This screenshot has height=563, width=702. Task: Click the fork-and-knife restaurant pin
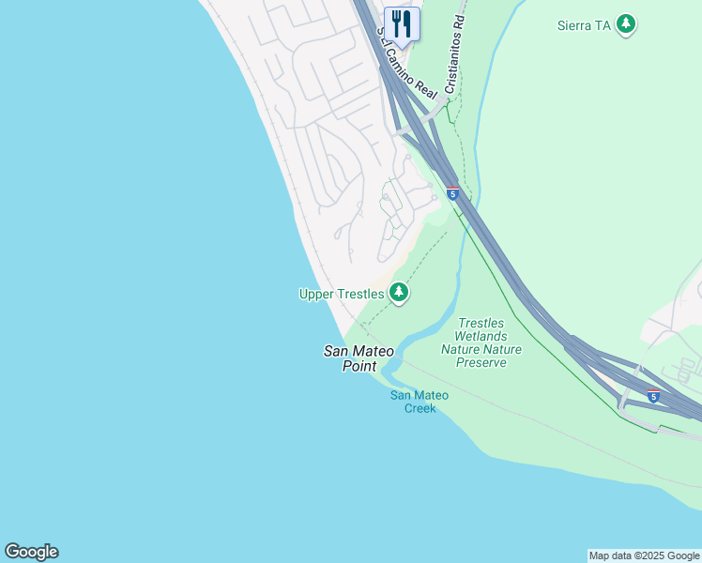402,24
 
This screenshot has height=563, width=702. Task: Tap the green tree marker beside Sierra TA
626,24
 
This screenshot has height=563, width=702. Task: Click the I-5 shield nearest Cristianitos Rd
452,193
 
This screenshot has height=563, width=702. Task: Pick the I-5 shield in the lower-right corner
653,396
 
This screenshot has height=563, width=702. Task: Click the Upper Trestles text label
342,294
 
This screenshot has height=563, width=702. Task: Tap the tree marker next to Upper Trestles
400,293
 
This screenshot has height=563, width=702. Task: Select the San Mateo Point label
359,358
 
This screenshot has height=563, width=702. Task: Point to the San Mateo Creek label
420,402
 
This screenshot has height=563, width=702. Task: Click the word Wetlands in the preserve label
481,336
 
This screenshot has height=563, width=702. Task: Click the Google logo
31,552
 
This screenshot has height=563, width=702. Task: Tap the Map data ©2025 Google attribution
645,555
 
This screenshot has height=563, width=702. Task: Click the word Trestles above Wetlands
481,323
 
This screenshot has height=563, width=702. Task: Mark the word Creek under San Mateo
420,408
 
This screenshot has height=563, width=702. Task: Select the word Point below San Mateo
359,366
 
